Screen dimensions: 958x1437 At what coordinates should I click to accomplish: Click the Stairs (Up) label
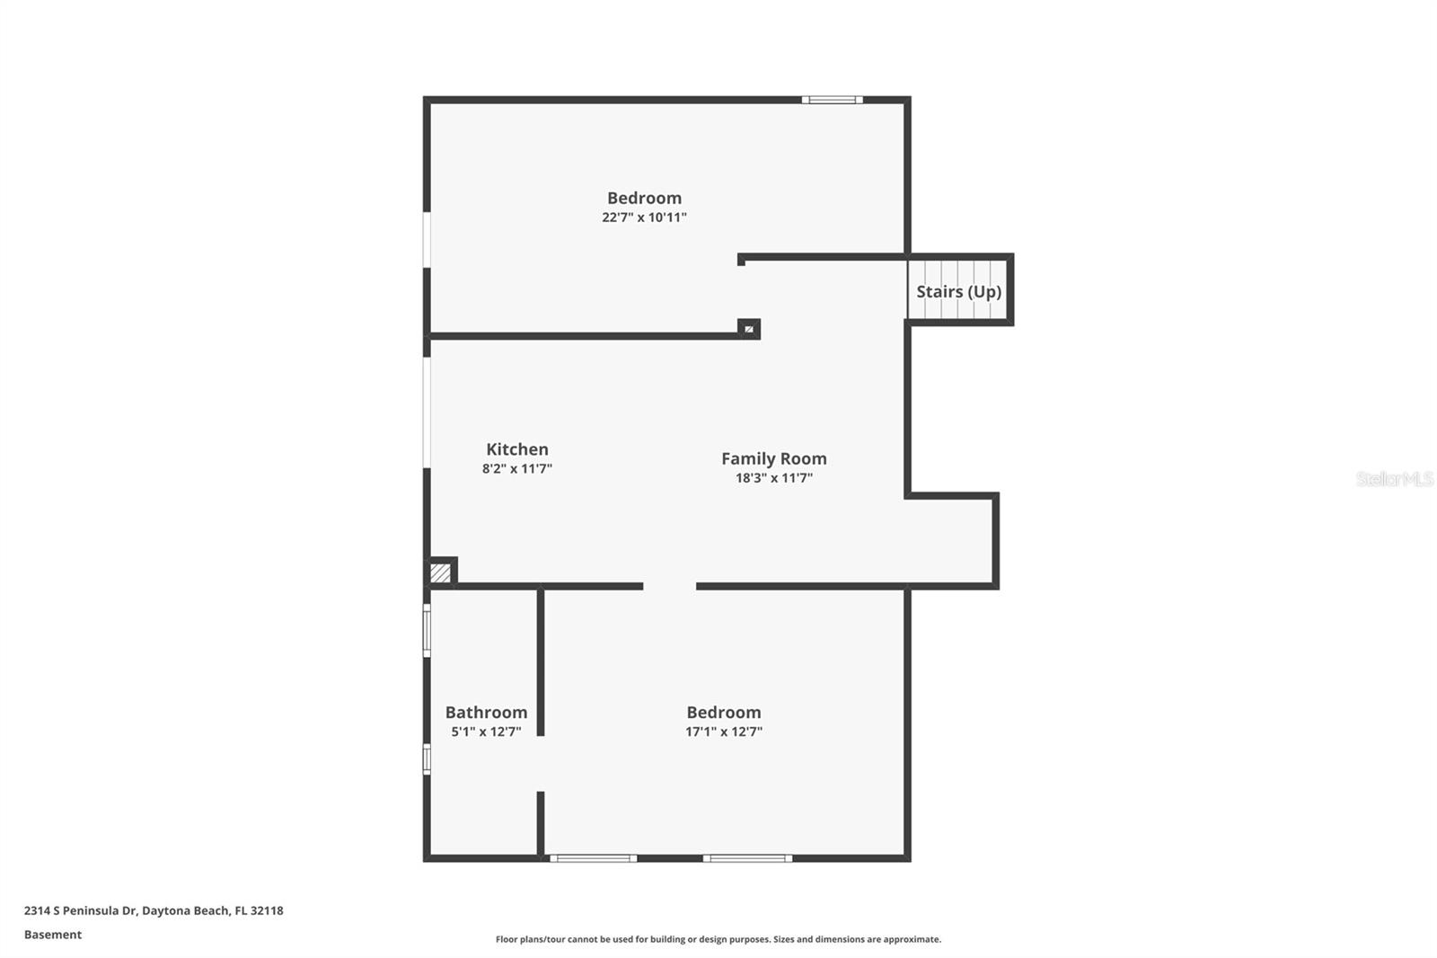coord(958,292)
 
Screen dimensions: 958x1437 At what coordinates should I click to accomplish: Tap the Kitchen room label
coord(516,449)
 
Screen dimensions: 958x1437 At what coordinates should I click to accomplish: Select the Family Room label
coord(773,458)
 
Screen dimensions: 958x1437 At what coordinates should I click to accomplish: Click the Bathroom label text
coord(486,712)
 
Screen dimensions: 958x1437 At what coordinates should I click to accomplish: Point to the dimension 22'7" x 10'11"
coord(644,217)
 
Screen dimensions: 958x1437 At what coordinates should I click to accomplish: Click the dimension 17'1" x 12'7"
coord(723,732)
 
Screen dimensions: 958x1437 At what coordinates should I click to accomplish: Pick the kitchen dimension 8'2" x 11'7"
coord(516,469)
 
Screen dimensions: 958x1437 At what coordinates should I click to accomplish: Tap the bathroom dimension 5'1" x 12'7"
coord(486,732)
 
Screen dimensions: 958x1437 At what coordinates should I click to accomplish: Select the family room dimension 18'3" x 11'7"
coord(773,478)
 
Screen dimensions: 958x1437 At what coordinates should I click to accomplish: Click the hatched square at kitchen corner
coord(440,572)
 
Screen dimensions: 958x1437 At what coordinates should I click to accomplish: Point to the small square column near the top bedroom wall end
coord(748,329)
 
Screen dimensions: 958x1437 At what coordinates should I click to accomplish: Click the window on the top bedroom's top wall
coord(832,100)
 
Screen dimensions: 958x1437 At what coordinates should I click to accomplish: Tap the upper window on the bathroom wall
coord(427,630)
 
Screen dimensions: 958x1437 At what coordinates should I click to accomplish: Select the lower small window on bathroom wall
coord(427,758)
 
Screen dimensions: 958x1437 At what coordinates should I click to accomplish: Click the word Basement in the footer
coord(53,935)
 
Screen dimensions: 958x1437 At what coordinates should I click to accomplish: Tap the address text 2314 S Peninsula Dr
coord(80,910)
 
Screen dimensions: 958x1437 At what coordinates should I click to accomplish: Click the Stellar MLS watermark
coord(1394,479)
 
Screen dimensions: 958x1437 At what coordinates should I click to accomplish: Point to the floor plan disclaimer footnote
coord(718,939)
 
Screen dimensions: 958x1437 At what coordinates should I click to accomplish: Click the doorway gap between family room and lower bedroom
coord(669,587)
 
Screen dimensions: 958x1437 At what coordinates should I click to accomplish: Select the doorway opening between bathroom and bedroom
coord(541,764)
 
